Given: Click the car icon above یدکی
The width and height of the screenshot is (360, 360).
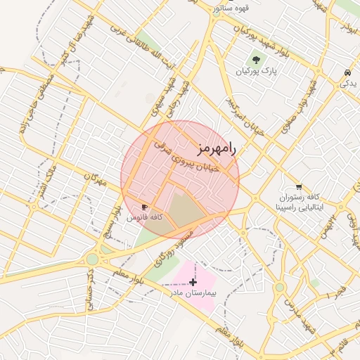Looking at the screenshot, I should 347,72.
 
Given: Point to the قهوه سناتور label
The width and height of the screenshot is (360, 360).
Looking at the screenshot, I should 233,8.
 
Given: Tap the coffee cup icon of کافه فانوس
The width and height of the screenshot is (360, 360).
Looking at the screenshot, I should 145,207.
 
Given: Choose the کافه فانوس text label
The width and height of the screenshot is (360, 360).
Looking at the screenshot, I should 144,218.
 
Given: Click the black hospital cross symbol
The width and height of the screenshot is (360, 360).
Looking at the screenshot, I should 193,281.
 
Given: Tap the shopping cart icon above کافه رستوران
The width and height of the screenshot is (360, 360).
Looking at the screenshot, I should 300,187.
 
